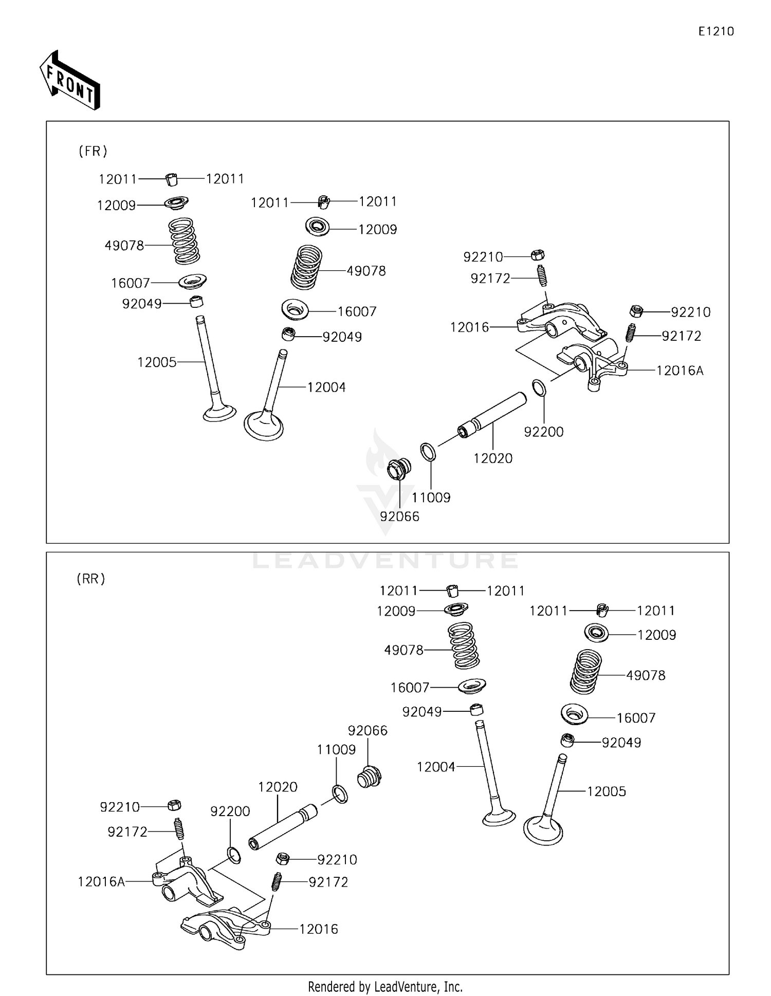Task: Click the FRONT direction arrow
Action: tap(70, 81)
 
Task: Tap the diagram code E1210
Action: tap(716, 31)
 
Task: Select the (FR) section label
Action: tap(93, 151)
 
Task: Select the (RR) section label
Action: tap(91, 579)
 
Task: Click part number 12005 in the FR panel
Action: tap(157, 362)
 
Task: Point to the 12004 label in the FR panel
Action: tap(326, 388)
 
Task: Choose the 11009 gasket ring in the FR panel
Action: tap(428, 452)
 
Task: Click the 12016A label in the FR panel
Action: tap(680, 371)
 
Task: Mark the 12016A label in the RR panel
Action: tap(101, 882)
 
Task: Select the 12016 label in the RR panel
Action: tap(319, 929)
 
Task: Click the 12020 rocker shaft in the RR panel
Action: tap(283, 828)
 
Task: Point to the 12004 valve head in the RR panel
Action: tap(498, 817)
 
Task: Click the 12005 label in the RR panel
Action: tap(607, 791)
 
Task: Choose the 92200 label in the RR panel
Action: tap(230, 811)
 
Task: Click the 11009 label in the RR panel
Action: tap(336, 750)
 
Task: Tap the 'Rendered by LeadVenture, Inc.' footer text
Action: tap(385, 987)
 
